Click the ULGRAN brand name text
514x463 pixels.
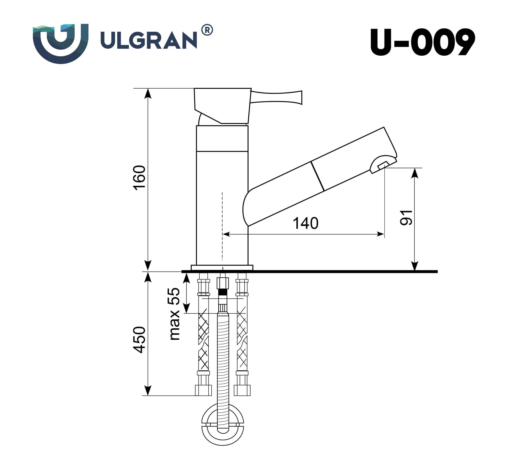[x=148, y=40]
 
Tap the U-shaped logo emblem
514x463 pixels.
[x=61, y=43]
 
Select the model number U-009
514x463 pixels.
[x=422, y=42]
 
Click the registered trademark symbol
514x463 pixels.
[x=207, y=30]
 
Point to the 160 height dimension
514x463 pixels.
[x=139, y=177]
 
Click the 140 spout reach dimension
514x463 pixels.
[x=305, y=223]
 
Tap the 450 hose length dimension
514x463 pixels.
[x=139, y=340]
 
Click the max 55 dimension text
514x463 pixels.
[x=174, y=314]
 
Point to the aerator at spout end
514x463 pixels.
[x=383, y=165]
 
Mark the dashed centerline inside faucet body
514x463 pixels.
[x=222, y=226]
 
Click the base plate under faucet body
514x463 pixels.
[x=222, y=267]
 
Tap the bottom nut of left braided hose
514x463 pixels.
[x=203, y=390]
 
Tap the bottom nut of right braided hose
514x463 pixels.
[x=242, y=390]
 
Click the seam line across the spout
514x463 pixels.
[x=317, y=176]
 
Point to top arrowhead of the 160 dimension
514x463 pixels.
[x=148, y=93]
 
